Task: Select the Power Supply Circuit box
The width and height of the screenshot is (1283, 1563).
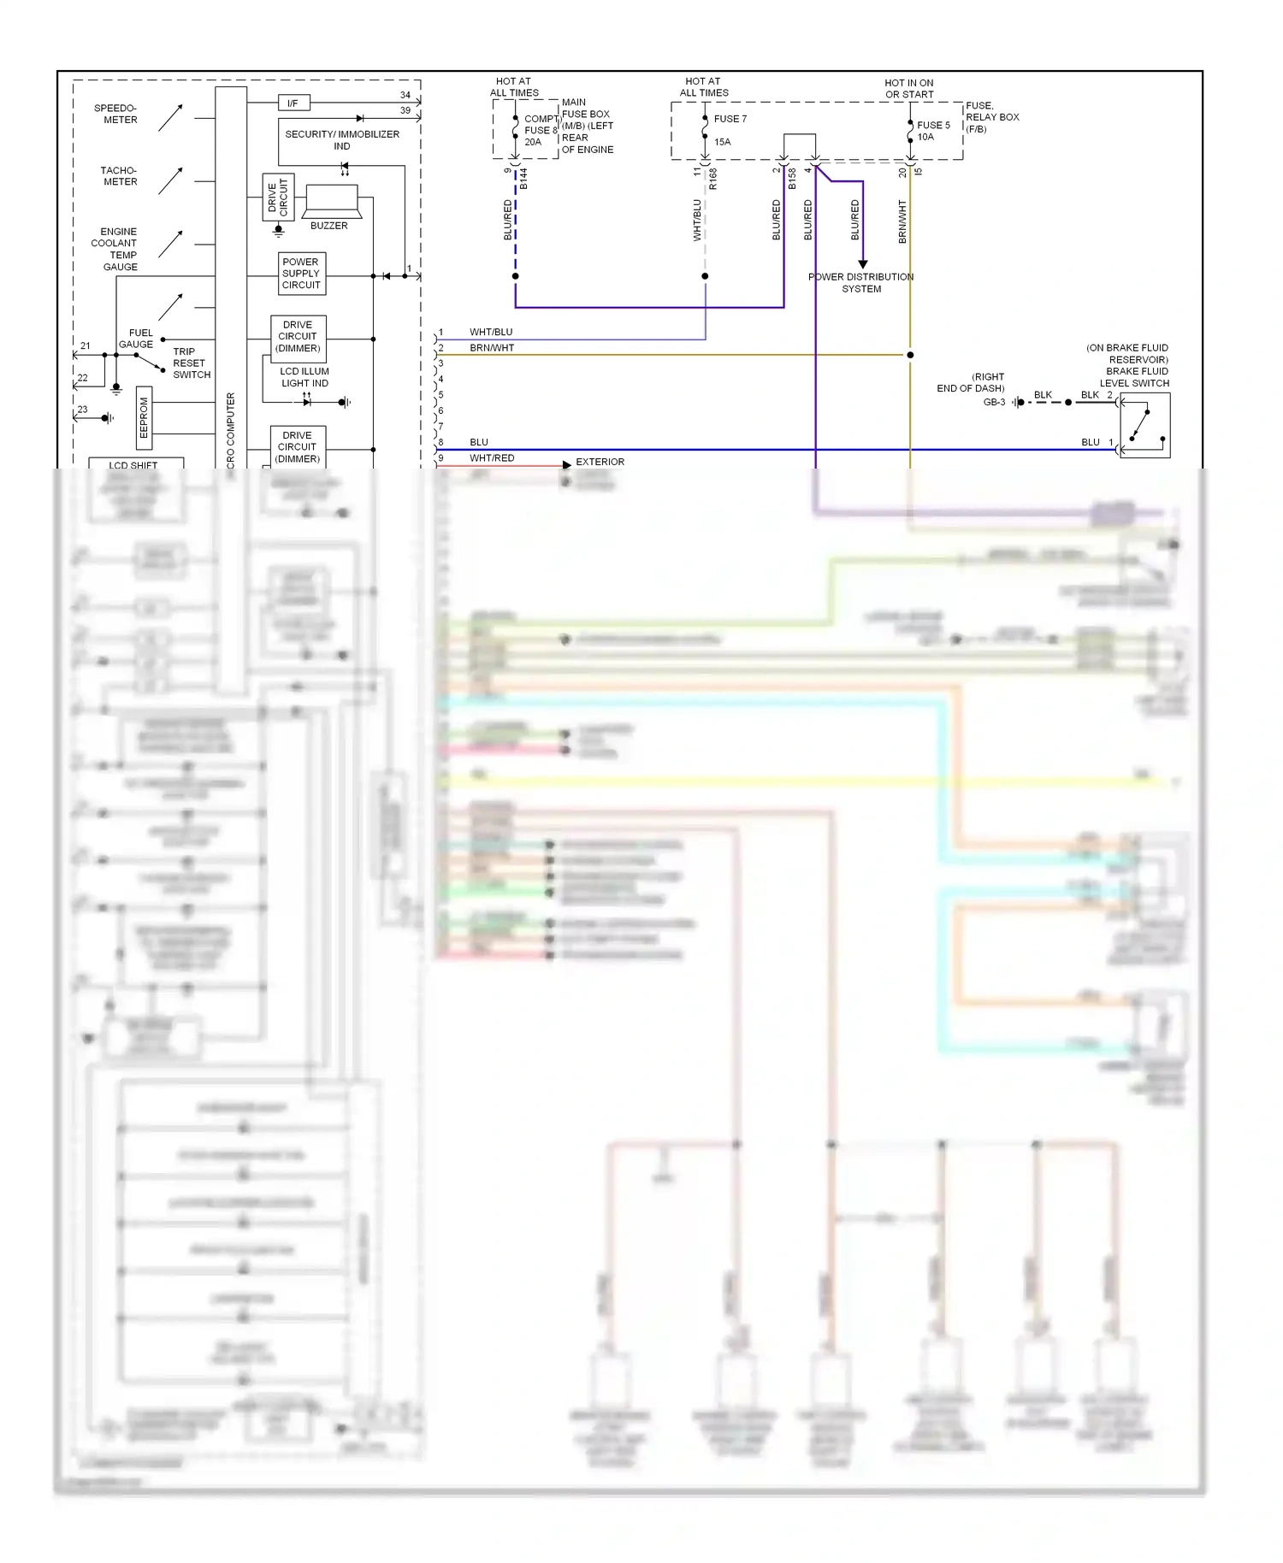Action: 301,274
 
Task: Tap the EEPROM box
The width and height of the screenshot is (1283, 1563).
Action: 145,417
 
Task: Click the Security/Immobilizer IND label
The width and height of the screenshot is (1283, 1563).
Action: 342,139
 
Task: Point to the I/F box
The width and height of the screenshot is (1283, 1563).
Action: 293,103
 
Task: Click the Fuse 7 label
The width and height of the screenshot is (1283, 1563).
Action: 730,119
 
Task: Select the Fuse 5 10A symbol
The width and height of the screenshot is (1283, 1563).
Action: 910,131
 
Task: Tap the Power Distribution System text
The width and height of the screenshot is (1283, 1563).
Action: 860,283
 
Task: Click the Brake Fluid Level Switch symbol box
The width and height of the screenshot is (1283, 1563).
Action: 1144,426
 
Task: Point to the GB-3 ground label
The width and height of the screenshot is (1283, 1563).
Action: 994,402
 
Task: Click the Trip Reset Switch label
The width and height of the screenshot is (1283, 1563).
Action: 191,363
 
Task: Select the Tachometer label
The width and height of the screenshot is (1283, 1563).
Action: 119,176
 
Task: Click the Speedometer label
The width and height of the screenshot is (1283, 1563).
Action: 116,114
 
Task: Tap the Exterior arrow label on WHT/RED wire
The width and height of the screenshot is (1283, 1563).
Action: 600,462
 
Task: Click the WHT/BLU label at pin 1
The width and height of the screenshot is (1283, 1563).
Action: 491,332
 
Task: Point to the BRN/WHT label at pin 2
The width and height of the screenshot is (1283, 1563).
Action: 492,348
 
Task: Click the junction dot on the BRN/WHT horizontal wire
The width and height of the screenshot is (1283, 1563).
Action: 910,355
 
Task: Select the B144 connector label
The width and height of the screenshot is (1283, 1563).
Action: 523,179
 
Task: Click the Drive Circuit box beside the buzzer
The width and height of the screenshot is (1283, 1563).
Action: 278,198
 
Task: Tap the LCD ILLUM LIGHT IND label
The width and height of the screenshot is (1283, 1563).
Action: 304,377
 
